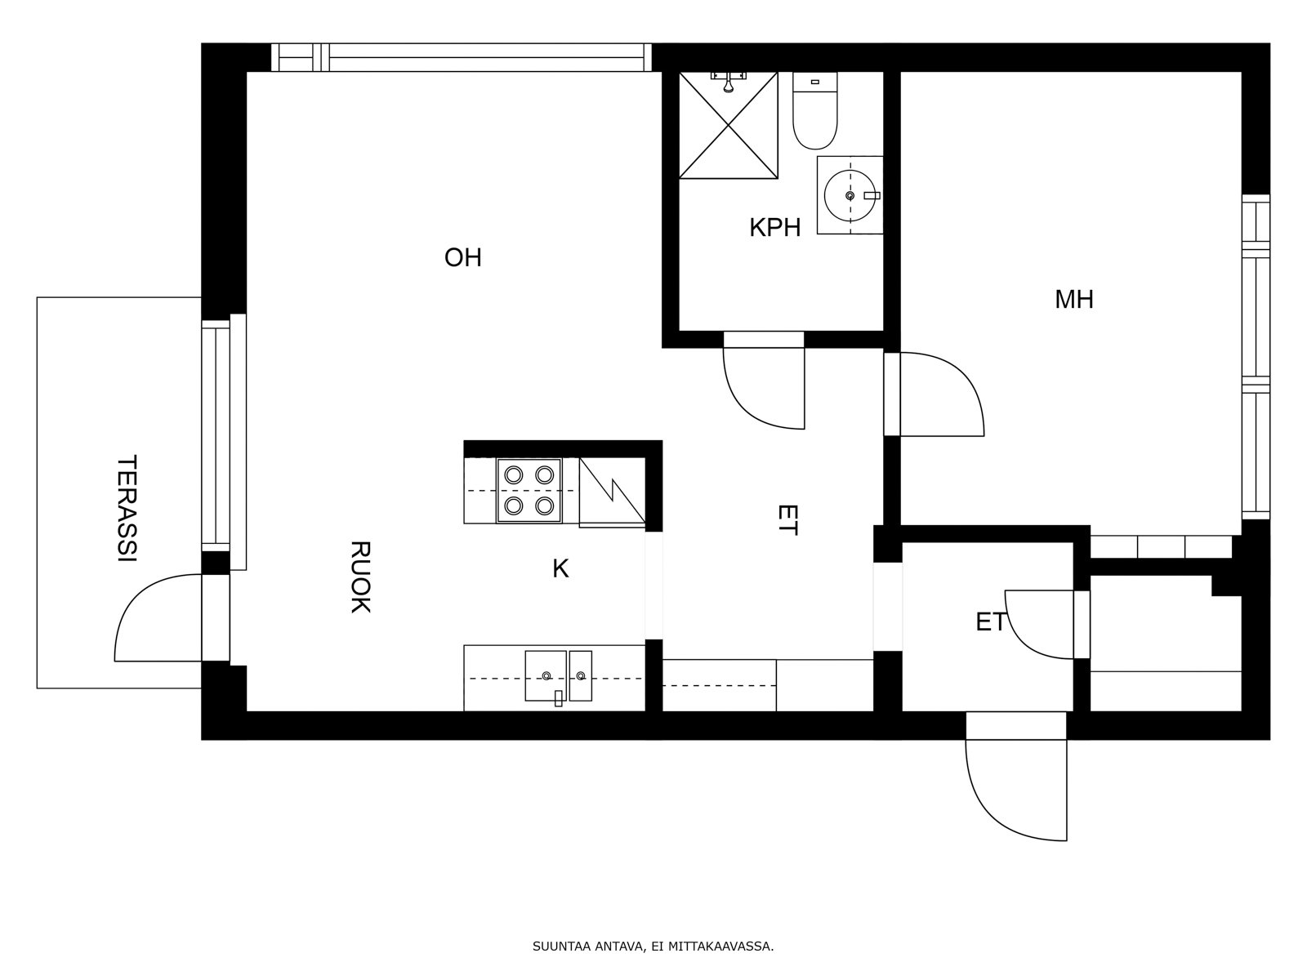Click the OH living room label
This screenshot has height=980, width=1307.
[462, 257]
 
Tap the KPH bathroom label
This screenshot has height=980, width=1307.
[774, 227]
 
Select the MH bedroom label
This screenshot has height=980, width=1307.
[1074, 299]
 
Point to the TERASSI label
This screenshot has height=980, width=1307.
[127, 508]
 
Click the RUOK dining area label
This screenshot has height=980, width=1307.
[360, 577]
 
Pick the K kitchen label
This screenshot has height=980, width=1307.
[560, 569]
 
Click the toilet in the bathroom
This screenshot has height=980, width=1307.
[814, 111]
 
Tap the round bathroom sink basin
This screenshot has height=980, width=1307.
[850, 195]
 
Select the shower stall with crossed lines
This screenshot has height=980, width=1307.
[728, 125]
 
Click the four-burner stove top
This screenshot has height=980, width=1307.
[529, 490]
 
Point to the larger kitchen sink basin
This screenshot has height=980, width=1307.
[546, 675]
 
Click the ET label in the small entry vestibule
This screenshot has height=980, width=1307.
[991, 622]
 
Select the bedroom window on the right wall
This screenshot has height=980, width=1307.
[1256, 357]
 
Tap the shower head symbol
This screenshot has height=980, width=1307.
[728, 82]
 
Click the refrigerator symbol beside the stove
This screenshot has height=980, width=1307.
[612, 492]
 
